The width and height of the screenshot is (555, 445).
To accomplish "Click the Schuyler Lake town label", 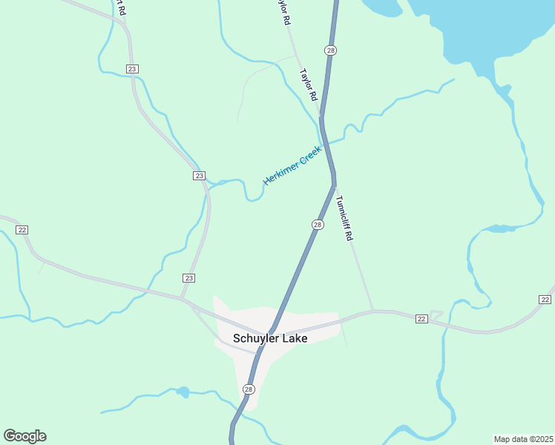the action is [x=270, y=338].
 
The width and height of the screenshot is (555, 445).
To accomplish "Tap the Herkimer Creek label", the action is [x=292, y=165].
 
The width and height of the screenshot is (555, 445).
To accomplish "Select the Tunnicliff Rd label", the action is [x=342, y=218].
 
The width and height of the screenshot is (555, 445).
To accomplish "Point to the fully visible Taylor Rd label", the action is [x=309, y=85].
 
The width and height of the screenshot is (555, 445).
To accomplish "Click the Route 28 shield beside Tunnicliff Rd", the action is [x=318, y=225].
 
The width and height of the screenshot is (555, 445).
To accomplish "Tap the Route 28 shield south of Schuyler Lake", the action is [x=249, y=389].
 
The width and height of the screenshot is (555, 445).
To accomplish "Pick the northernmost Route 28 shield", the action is [x=330, y=50].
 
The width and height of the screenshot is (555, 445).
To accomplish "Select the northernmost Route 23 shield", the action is [x=133, y=69].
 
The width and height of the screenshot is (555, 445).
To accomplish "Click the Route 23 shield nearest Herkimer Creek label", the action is [x=199, y=176].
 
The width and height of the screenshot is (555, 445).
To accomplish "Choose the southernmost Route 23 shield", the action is [x=188, y=277].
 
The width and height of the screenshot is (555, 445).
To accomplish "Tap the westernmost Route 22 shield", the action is [x=22, y=230].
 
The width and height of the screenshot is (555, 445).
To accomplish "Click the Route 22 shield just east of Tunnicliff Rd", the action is [x=421, y=319].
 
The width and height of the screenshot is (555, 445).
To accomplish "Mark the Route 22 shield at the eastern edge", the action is [x=545, y=299].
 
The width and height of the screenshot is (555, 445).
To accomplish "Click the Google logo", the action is [x=24, y=436].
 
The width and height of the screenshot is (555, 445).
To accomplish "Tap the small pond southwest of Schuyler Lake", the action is [x=183, y=391].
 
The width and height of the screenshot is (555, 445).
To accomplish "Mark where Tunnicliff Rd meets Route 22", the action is [x=372, y=311].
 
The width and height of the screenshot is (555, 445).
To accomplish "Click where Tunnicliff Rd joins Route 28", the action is [x=335, y=185].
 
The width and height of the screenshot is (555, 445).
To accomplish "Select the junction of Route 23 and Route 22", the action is [x=184, y=299].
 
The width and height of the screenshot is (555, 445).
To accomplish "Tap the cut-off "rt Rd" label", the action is [x=121, y=8].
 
